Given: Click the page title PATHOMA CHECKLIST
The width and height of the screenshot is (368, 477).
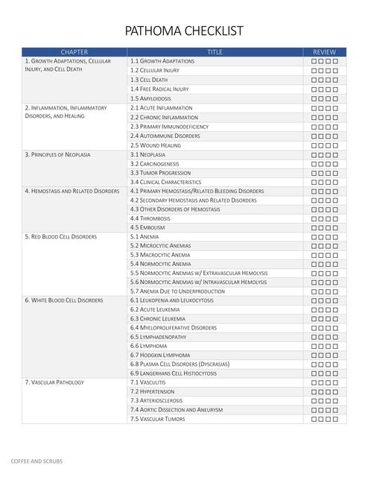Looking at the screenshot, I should pos(184,31).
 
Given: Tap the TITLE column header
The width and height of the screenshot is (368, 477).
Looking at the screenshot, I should pos(215,52).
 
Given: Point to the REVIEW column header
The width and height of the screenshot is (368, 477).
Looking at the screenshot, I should pos(325,52).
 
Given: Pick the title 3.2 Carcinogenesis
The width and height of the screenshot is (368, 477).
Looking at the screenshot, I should pos(155,164).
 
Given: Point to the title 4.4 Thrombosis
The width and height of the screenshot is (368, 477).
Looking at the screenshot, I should pos(150,218).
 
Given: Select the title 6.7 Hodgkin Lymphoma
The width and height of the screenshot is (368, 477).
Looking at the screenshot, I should pos(160,356).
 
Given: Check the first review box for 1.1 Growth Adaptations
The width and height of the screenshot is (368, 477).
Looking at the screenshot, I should pos(314,62).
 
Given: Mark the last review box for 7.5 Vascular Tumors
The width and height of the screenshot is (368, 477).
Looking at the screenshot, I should pos(335,420).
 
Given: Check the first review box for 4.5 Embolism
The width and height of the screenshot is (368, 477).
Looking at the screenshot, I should pos(314,228).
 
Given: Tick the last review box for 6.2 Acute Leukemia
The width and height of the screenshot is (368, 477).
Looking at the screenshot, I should pos(335,310).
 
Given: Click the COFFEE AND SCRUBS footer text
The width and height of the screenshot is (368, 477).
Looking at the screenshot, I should pos(37,461).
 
